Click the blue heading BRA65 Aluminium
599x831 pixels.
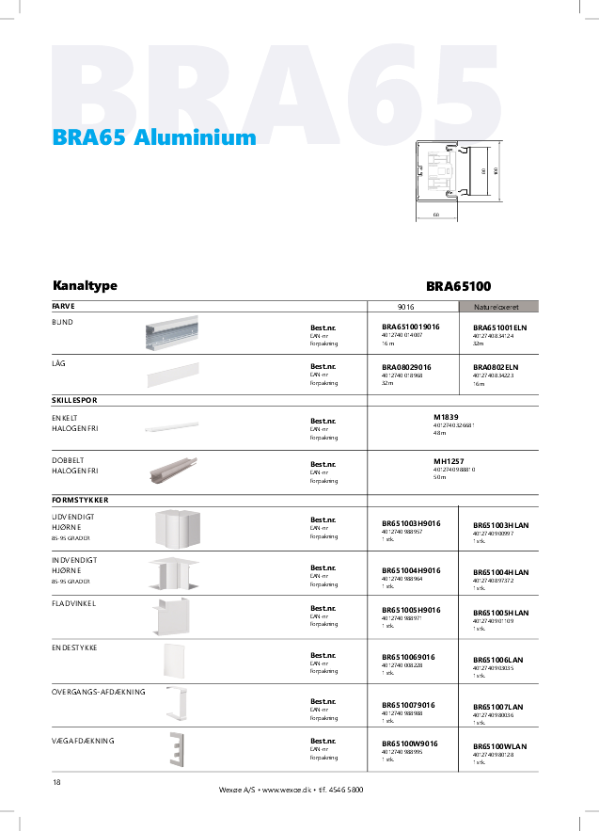coord(154,137)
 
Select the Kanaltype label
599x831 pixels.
coord(85,285)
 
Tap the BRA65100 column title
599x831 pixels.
coord(458,285)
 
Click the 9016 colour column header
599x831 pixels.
coord(406,307)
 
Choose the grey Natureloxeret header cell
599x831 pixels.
coord(498,307)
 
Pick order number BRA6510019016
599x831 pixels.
coord(411,326)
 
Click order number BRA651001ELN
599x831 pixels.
coord(500,327)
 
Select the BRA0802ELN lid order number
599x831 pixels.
coord(496,367)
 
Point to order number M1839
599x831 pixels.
coord(445,416)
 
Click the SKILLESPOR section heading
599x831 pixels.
coord(74,400)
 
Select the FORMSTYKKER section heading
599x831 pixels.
coord(80,499)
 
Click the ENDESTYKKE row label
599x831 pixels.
coord(74,648)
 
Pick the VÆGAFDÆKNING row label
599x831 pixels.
coord(83,741)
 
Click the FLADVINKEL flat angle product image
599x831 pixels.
coord(169,616)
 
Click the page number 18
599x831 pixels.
coord(56,783)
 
